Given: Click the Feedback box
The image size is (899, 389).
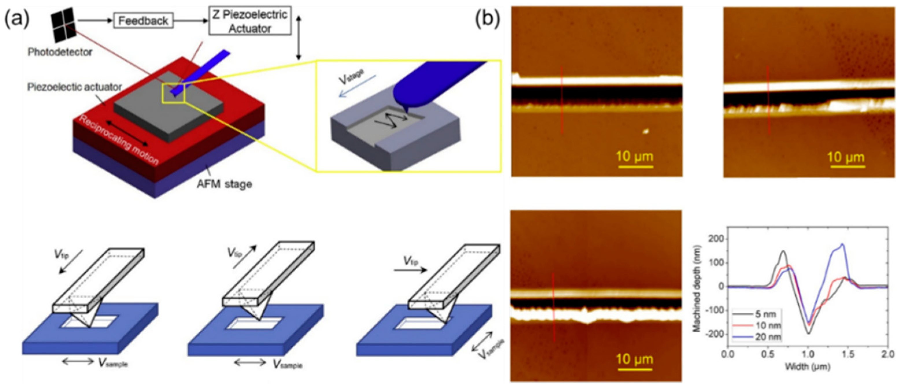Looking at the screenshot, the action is click(143, 21).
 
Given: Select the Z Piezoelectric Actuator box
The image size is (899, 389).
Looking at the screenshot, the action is click(249, 21).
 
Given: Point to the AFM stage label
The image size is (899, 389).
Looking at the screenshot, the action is click(224, 184).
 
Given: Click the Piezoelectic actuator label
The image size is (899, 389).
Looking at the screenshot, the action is click(74, 87).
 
